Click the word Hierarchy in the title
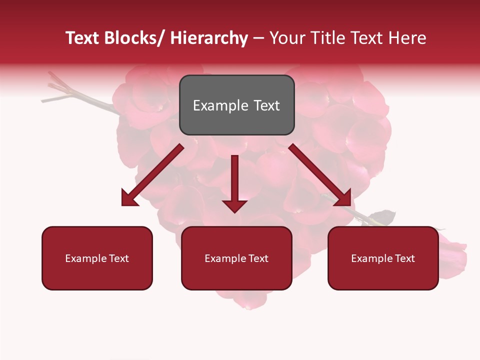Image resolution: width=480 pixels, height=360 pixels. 209,38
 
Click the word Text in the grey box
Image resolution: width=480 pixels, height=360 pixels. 266,105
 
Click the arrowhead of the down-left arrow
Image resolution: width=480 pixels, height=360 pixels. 129,198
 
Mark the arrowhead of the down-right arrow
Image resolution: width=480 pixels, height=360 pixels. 343,198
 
